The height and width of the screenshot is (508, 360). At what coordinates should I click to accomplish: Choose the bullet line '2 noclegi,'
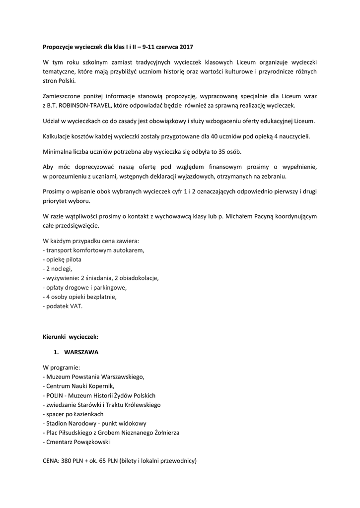tap(58, 269)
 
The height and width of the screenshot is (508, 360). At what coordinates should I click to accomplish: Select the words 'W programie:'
tap(61, 368)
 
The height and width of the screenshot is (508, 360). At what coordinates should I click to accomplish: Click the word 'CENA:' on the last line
tap(51, 461)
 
